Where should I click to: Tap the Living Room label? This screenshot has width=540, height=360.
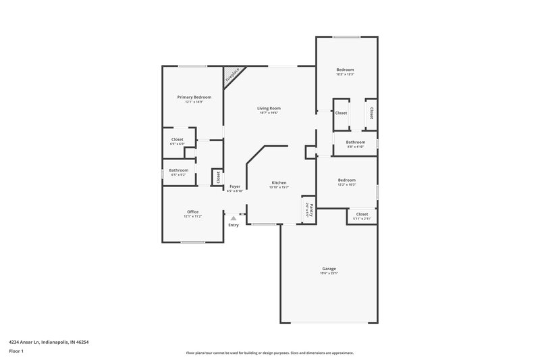pyautogui.click(x=269, y=108)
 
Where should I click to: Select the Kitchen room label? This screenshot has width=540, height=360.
pyautogui.click(x=279, y=183)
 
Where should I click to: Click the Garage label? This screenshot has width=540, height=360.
pyautogui.click(x=329, y=269)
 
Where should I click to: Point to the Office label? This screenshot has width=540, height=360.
pyautogui.click(x=192, y=211)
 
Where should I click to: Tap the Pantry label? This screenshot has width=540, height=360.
pyautogui.click(x=308, y=209)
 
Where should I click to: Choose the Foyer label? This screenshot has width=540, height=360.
pyautogui.click(x=235, y=186)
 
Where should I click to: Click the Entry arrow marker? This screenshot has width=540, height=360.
pyautogui.click(x=234, y=218)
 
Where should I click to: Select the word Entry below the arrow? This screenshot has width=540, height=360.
pyautogui.click(x=234, y=225)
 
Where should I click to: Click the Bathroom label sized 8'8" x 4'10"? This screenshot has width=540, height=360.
pyautogui.click(x=356, y=142)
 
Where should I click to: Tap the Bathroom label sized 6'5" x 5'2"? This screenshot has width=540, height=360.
pyautogui.click(x=178, y=170)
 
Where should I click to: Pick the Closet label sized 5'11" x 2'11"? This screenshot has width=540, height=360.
pyautogui.click(x=362, y=214)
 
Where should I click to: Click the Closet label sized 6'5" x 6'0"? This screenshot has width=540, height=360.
pyautogui.click(x=177, y=139)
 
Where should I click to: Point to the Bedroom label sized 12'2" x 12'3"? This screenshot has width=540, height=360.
pyautogui.click(x=346, y=70)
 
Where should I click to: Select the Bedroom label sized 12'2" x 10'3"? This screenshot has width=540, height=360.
pyautogui.click(x=347, y=180)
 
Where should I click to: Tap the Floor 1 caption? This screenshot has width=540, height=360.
pyautogui.click(x=17, y=352)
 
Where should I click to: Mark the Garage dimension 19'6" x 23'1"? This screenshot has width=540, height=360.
pyautogui.click(x=329, y=274)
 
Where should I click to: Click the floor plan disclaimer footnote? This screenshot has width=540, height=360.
pyautogui.click(x=270, y=353)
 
